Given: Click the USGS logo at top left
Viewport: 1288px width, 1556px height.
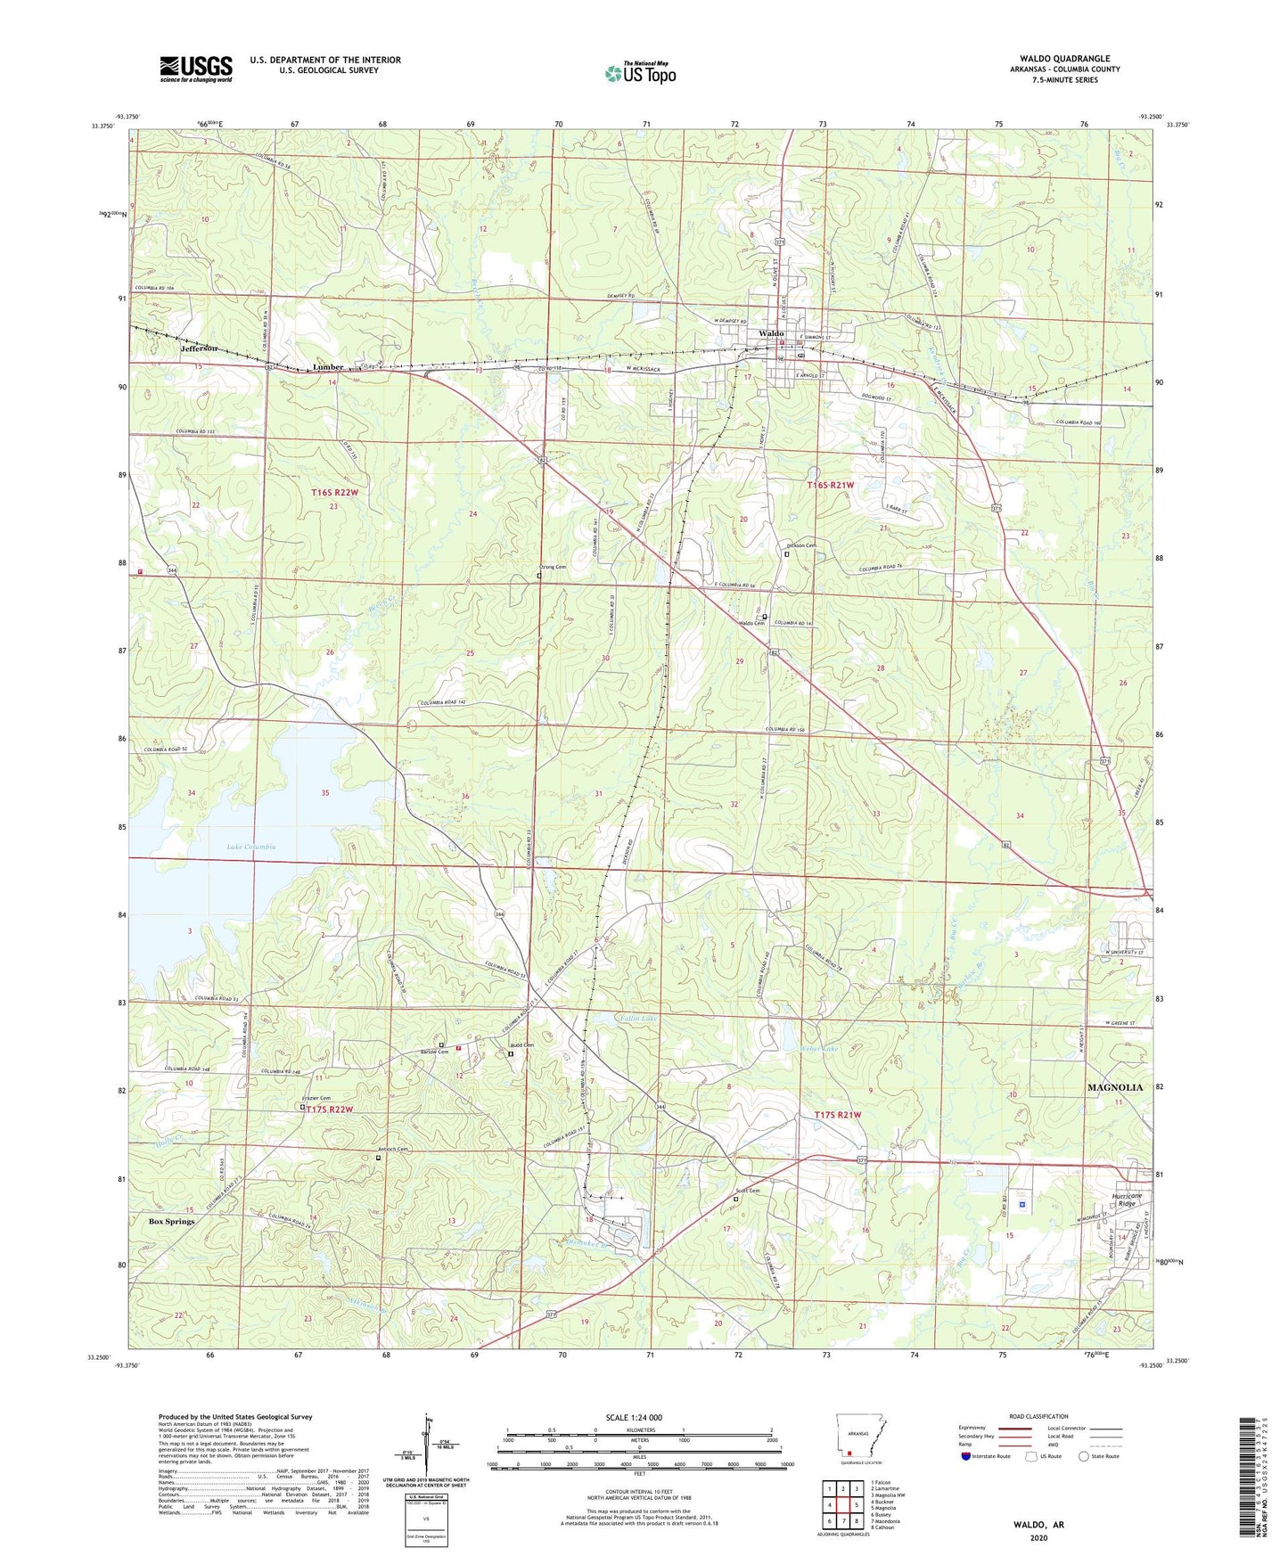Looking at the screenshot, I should [x=196, y=69].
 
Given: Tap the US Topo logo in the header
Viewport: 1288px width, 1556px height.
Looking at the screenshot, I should [x=640, y=73].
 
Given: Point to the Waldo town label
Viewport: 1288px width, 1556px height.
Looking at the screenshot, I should [x=771, y=333].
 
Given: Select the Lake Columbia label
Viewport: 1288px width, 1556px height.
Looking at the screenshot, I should [x=250, y=847].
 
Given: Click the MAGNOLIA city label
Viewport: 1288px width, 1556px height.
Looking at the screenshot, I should [x=1114, y=1087].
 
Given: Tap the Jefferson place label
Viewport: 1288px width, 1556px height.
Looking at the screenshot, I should [x=200, y=348].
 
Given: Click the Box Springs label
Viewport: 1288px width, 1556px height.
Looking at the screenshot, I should [x=171, y=1221].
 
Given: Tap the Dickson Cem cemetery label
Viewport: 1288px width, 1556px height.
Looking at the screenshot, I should [x=800, y=546].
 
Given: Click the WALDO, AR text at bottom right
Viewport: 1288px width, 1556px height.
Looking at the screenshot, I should [x=1038, y=1525].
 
